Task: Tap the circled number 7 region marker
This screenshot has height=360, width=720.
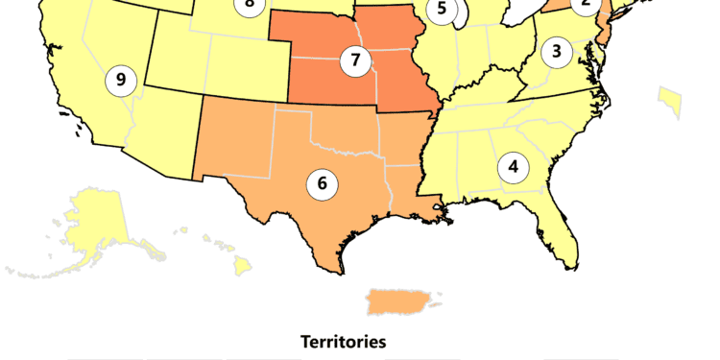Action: tap(356, 60)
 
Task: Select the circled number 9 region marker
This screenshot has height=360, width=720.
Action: tap(120, 79)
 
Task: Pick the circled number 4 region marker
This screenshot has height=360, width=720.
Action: tap(514, 167)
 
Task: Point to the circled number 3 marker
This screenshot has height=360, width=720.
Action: tap(557, 52)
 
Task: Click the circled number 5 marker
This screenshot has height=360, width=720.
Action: tap(442, 10)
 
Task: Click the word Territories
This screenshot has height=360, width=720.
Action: tap(343, 341)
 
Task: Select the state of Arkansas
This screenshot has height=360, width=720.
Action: tap(403, 139)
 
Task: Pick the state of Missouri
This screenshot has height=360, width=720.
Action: tap(403, 86)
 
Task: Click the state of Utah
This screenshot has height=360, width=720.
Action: tap(173, 58)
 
